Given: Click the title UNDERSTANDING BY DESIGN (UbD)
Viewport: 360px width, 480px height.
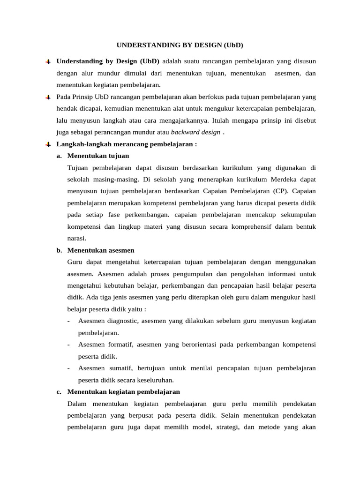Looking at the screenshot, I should click(x=180, y=45).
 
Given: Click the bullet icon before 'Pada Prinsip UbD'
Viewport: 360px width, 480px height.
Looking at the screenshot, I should click(x=48, y=97).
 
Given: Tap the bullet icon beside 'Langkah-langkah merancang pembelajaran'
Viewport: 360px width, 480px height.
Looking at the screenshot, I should click(x=48, y=144).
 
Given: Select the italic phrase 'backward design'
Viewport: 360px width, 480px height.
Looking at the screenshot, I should click(x=195, y=132).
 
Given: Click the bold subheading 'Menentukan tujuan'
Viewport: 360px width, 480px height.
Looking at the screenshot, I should click(x=98, y=156).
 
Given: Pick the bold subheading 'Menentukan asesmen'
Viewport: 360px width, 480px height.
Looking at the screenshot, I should click(x=100, y=250).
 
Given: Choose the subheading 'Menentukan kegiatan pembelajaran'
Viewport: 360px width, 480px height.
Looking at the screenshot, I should click(x=123, y=391).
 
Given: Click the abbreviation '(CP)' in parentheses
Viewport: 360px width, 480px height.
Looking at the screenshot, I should click(x=278, y=191).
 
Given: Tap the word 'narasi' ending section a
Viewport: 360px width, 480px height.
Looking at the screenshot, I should click(x=76, y=238).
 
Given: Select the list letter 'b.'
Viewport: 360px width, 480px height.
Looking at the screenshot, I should click(x=60, y=250).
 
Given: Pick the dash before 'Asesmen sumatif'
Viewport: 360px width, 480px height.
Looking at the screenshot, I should click(x=69, y=368).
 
